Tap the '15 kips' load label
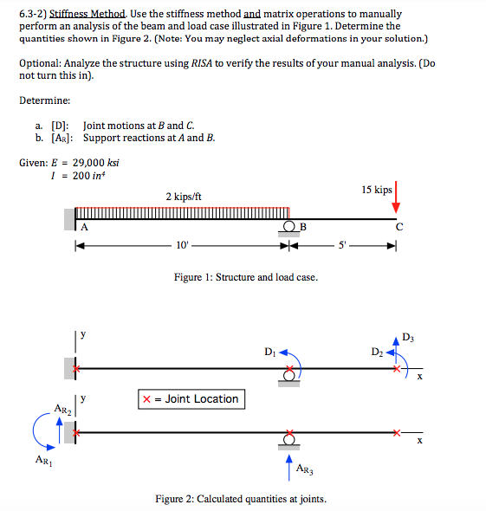(x=376, y=190)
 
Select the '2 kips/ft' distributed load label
(x=184, y=197)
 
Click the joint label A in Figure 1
(x=85, y=227)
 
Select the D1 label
(x=272, y=352)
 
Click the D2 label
(x=375, y=351)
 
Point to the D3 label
(x=409, y=336)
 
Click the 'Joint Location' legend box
(x=190, y=399)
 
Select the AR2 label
(x=62, y=407)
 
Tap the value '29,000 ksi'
(x=96, y=163)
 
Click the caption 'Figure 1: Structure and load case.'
(x=245, y=277)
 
